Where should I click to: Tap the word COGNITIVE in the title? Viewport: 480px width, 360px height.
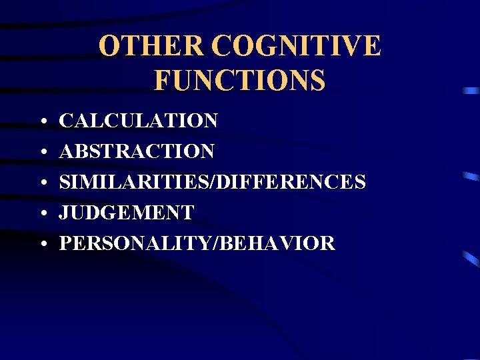[x=297, y=46]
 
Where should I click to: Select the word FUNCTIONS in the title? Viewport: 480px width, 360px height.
[x=240, y=80]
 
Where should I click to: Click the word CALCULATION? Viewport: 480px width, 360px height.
[x=139, y=121]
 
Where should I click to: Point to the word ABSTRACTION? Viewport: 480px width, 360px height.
[x=137, y=151]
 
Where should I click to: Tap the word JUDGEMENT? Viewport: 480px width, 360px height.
[x=127, y=213]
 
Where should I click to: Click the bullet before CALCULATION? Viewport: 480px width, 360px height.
[x=42, y=123]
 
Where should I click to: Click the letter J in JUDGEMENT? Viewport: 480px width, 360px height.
[x=65, y=213]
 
